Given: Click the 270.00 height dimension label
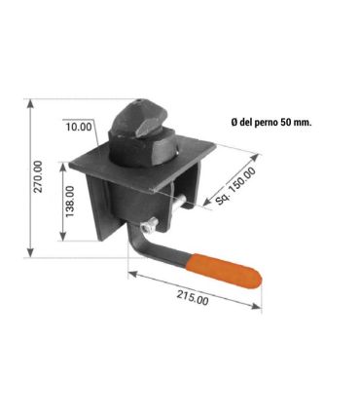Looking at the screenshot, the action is click(x=39, y=177).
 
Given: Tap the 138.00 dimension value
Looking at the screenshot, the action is click(x=70, y=202).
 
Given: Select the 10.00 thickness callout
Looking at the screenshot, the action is click(x=79, y=127).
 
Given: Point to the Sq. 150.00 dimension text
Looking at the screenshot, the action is click(x=235, y=186).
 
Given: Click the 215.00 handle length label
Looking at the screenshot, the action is click(x=193, y=297).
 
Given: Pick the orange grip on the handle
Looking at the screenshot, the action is click(x=224, y=272).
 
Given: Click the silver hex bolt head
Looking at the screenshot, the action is click(x=149, y=225).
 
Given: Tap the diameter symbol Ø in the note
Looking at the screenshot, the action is click(x=234, y=123).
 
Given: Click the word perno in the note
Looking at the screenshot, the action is click(x=267, y=123).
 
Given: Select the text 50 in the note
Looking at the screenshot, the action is click(x=284, y=123).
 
